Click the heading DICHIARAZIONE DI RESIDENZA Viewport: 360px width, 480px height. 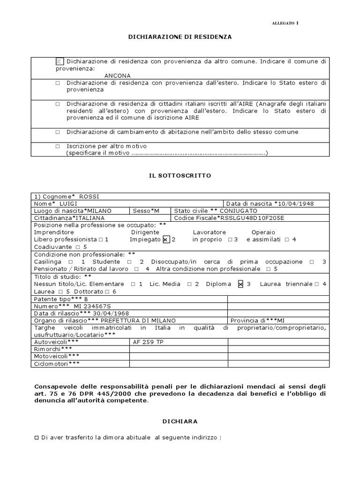180,36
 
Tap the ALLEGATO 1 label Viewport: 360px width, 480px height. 285,23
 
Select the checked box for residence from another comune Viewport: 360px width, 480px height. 59,61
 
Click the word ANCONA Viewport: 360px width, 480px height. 118,75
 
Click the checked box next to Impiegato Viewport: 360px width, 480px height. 165,240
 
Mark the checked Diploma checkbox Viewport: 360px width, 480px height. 241,284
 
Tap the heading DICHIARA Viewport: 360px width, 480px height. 180,421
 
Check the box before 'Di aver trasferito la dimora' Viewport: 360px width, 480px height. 37,438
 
